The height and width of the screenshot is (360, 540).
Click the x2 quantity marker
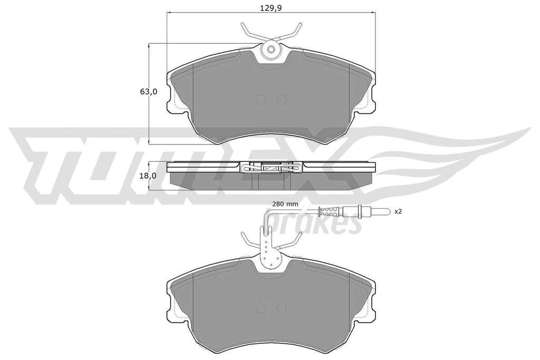coord(399,212)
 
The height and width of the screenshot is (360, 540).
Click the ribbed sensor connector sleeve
coord(330,211)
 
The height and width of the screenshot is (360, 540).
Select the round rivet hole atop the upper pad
coord(271,50)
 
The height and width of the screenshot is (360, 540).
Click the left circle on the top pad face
coord(261,100)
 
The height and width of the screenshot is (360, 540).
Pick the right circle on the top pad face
coord(282,100)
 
